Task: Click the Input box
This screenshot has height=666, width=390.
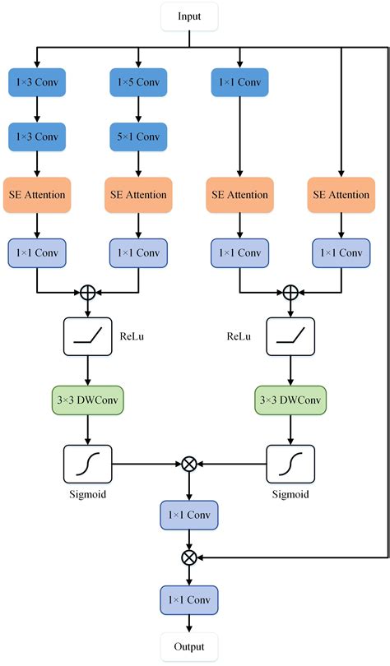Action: pos(190,16)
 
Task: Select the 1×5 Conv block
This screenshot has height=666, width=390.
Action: pos(139,83)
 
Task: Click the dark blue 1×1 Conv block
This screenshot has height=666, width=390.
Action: pos(239,83)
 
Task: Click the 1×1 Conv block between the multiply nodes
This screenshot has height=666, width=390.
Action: pos(190,516)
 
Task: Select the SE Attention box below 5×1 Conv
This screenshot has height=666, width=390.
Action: pos(139,195)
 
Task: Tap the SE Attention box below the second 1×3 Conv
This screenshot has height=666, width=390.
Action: pos(36,195)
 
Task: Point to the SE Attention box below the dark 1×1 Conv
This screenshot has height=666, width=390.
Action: pos(239,195)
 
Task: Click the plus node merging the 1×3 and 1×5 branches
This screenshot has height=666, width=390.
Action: pos(87,291)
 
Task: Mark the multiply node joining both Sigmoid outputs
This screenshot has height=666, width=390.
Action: pos(190,465)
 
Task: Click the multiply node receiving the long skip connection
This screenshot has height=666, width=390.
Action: pos(190,557)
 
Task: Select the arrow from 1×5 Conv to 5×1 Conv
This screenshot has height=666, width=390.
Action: pos(139,109)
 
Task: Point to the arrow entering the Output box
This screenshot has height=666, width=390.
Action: pos(190,623)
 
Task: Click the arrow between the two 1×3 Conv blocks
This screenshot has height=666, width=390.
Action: pos(36,109)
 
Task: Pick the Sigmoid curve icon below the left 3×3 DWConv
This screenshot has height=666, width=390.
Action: pos(87,465)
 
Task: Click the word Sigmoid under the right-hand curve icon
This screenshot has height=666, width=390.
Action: pos(290,496)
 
